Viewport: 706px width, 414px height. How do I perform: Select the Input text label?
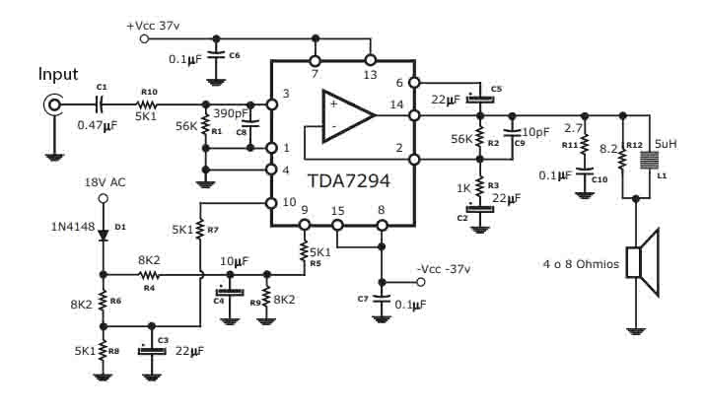[x=58, y=74]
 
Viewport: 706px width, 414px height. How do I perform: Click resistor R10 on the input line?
[x=148, y=103]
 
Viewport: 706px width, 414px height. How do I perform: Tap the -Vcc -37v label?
[x=445, y=268]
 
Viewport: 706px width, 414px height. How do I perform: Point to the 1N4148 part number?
[x=73, y=227]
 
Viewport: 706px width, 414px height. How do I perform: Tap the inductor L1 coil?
[x=649, y=164]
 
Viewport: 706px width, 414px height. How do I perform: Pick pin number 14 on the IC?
[x=396, y=104]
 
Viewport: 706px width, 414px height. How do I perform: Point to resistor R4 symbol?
[x=149, y=274]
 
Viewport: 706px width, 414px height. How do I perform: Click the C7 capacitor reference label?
[x=363, y=297]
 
